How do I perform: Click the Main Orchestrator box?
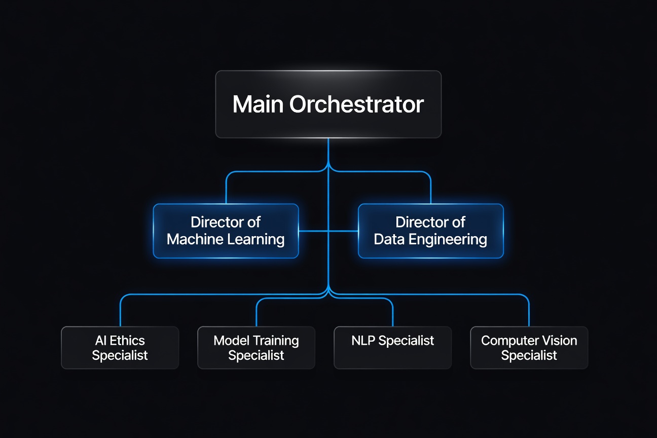[x=328, y=104]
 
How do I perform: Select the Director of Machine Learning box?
[x=226, y=231]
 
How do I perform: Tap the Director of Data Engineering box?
[x=430, y=231]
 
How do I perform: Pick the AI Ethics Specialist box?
[x=120, y=347]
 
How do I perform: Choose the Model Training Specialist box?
[x=256, y=347]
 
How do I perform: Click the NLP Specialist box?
[x=392, y=347]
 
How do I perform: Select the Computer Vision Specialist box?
[x=529, y=347]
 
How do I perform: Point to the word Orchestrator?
[x=356, y=104]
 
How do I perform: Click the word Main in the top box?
[x=258, y=104]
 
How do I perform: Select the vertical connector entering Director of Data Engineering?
[x=430, y=190]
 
